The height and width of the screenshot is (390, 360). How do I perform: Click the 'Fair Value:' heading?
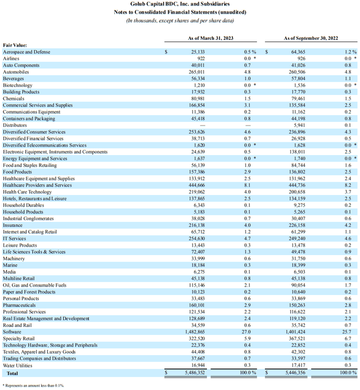[x=15, y=46]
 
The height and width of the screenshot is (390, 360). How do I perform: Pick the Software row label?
[x=13, y=332]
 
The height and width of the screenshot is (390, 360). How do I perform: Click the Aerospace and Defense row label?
[x=26, y=52]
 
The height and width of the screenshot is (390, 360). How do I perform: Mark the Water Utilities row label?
[x=17, y=365]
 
